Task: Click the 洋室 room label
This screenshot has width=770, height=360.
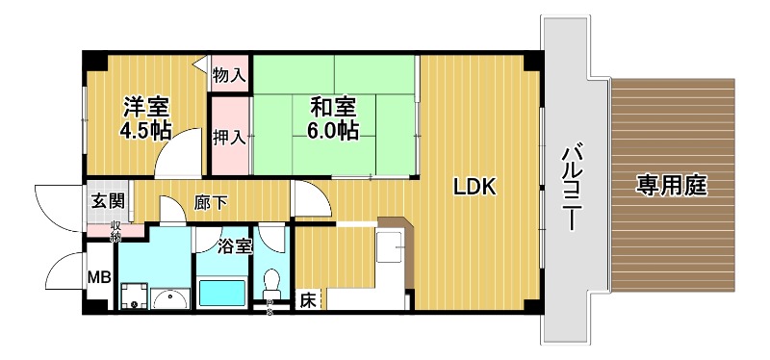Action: pyautogui.click(x=146, y=106)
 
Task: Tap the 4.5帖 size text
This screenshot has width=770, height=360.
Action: pyautogui.click(x=146, y=130)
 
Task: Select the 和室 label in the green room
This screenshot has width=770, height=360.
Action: pyautogui.click(x=334, y=106)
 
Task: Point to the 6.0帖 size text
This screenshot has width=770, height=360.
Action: pyautogui.click(x=334, y=130)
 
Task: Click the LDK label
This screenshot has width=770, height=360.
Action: pyautogui.click(x=475, y=188)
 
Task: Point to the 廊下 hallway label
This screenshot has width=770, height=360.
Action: pyautogui.click(x=211, y=203)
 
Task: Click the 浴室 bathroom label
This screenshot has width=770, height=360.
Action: pyautogui.click(x=234, y=245)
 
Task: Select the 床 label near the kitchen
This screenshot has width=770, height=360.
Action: pyautogui.click(x=307, y=299)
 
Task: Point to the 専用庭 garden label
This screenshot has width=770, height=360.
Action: pyautogui.click(x=671, y=186)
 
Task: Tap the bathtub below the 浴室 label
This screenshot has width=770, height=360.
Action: pyautogui.click(x=223, y=292)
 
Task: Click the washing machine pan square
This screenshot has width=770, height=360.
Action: pyautogui.click(x=134, y=295)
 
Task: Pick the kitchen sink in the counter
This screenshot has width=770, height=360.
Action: pyautogui.click(x=391, y=246)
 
